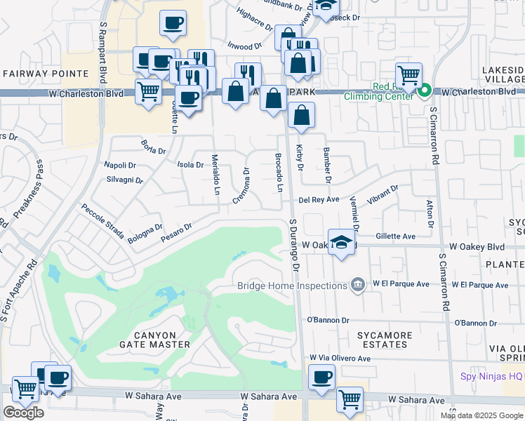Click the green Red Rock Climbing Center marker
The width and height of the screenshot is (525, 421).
[x=425, y=91]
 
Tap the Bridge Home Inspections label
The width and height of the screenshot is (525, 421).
[x=291, y=285]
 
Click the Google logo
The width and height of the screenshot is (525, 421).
[x=24, y=413]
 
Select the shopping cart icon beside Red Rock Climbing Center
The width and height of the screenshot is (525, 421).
[x=408, y=74]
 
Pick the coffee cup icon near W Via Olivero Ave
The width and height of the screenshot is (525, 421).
[x=322, y=377]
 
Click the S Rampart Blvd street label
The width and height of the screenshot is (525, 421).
[x=103, y=53]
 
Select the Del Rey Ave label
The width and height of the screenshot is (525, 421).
[x=319, y=199]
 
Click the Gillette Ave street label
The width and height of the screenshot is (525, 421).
[x=396, y=236]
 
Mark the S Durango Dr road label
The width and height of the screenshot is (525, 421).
[x=295, y=246]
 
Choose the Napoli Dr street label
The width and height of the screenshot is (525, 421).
[x=120, y=165]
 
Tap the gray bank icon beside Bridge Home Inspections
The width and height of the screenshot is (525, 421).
[x=358, y=285]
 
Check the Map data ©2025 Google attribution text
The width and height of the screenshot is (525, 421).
[x=481, y=415]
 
